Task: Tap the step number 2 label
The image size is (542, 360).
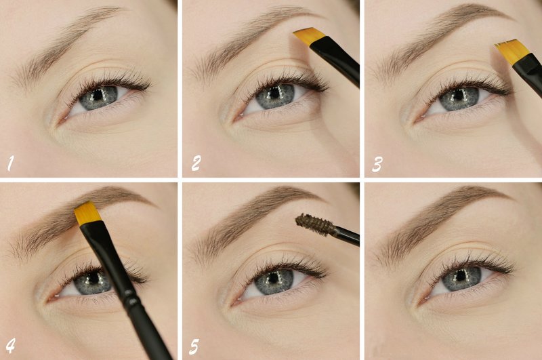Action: tap(196, 163)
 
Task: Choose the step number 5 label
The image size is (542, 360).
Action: tap(195, 346)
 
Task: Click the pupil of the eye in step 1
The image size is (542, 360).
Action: tap(97, 96)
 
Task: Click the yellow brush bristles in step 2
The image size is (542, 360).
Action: tap(307, 35)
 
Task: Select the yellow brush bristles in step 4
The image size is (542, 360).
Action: tap(87, 214)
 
